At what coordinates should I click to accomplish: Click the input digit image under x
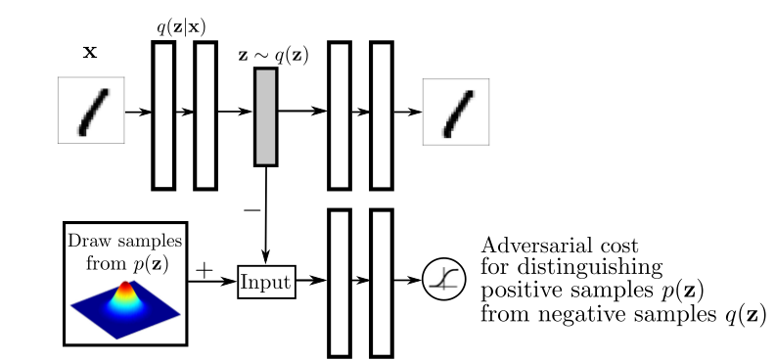point(91,112)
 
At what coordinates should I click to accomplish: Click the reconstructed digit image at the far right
point(455,112)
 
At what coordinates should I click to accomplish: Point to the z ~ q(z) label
point(274,55)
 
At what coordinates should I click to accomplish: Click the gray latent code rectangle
point(265,116)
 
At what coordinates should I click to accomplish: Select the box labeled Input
point(266,282)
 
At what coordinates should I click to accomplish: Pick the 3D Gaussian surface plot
point(124,304)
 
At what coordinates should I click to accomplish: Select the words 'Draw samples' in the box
point(124,241)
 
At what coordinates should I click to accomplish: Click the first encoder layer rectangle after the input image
point(163,114)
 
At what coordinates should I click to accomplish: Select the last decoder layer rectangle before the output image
point(381,114)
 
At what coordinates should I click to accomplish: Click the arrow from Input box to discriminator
point(310,282)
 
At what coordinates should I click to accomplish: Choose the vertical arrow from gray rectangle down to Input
point(265,215)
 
